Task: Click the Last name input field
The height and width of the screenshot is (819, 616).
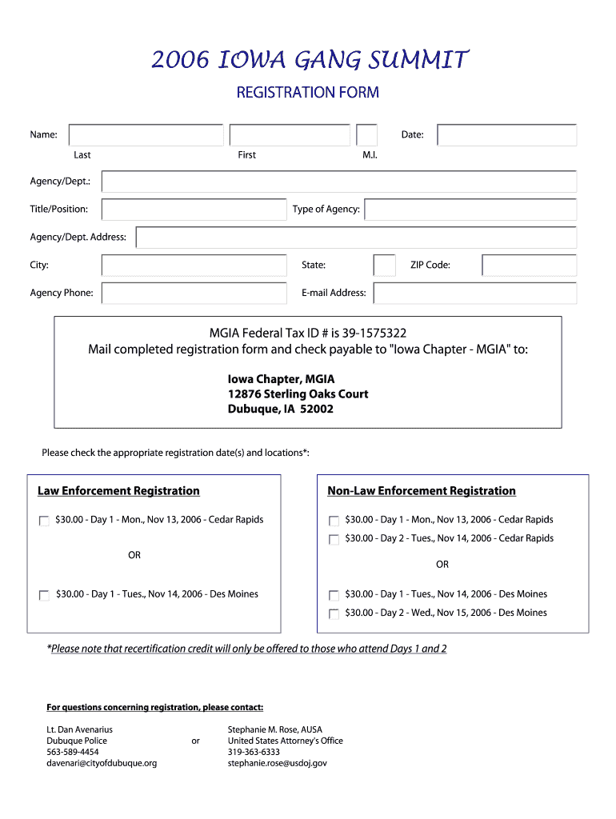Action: coord(146,135)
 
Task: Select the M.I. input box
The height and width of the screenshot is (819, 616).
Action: coord(366,135)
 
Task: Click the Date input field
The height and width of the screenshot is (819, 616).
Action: coord(506,135)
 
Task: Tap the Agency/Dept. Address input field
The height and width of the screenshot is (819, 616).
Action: coord(356,238)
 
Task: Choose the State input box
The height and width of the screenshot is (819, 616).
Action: coord(384,266)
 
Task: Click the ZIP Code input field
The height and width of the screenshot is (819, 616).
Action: coord(529,266)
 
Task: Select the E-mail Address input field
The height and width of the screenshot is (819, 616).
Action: coord(474,294)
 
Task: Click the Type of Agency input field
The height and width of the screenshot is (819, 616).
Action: coord(470,210)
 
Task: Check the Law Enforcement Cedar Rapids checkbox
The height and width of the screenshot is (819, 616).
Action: coord(44,521)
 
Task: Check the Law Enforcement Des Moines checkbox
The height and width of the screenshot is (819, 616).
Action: coord(44,595)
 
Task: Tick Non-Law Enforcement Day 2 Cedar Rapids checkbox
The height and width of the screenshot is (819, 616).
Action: coord(334,539)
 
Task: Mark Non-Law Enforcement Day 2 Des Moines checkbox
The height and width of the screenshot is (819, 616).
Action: coord(334,614)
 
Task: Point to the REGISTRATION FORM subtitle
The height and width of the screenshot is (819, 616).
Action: coord(307,93)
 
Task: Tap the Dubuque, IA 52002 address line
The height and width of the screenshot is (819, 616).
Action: coord(281,409)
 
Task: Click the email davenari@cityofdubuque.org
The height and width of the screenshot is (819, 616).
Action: coord(102,763)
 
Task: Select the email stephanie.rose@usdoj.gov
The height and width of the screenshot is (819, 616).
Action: coord(277,763)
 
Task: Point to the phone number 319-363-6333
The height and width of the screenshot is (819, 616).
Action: coord(254,752)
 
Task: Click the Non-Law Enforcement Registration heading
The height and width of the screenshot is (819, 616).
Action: coord(422,491)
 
